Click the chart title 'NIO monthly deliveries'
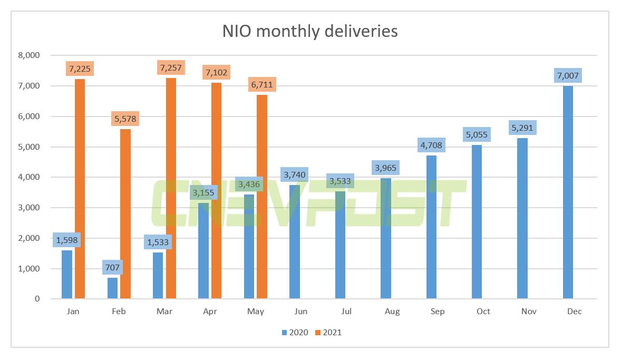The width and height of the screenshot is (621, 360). click(310, 31)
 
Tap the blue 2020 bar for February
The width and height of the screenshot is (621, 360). click(112, 288)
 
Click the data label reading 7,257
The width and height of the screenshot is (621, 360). click(171, 68)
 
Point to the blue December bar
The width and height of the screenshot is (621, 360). click(568, 192)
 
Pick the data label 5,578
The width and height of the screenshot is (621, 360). click(125, 119)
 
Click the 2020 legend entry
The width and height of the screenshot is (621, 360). click(295, 332)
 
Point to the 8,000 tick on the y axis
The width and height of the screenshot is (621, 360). click(29, 55)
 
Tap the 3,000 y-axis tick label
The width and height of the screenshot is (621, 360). click(29, 208)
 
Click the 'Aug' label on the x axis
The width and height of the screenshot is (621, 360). click(392, 312)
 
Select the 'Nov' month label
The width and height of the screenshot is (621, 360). click(529, 312)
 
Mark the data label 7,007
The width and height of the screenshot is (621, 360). click(568, 75)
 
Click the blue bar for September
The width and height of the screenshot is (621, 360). click(431, 227)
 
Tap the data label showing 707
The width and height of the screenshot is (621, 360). click(112, 267)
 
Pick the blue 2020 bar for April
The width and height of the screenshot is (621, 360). click(203, 250)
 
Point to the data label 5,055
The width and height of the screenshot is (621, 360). click(477, 134)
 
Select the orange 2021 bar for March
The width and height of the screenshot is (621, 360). click(171, 188)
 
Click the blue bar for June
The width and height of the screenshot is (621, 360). click(295, 242)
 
